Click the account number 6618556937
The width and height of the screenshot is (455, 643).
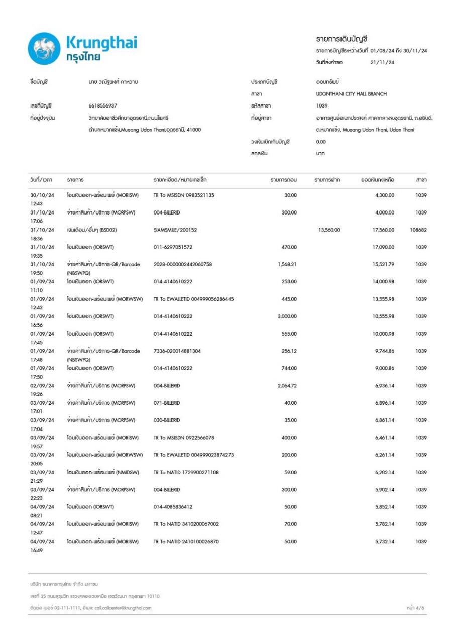(x=102, y=105)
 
